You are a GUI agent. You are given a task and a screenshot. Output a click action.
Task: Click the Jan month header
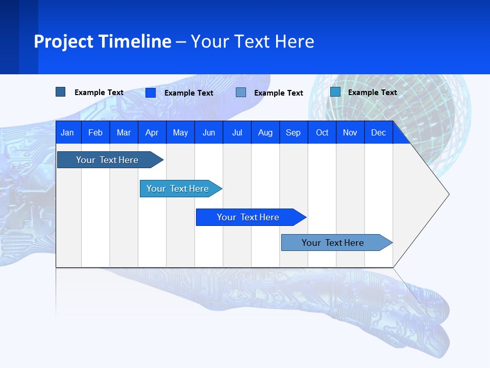67,132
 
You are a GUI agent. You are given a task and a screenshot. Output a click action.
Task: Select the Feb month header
95,132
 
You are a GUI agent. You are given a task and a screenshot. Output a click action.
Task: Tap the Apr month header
152,132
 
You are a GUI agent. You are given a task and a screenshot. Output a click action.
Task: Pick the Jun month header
209,132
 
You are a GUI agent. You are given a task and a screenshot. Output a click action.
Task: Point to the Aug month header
265,132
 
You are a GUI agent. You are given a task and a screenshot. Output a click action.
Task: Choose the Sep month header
293,132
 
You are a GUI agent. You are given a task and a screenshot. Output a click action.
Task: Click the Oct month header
322,132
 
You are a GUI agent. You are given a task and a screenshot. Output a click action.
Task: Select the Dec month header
379,132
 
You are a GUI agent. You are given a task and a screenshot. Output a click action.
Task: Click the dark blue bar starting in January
107,160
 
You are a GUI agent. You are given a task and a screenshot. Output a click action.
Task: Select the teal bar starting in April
178,189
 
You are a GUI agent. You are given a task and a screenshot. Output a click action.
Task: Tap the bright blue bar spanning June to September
248,217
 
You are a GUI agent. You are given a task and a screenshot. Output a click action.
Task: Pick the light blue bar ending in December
333,243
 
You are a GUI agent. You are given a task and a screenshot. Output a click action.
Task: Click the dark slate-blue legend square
60,92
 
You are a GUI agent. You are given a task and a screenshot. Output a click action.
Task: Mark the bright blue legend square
150,93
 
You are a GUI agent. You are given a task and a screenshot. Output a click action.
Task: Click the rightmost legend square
335,92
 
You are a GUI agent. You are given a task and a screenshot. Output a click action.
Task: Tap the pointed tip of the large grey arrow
448,194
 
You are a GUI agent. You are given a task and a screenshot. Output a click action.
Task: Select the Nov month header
350,132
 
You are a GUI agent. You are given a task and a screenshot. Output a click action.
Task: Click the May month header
180,132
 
